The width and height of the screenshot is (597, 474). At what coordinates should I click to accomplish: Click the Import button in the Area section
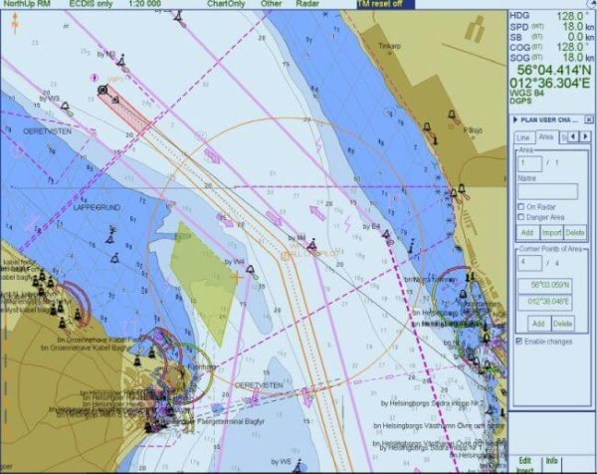(551, 232)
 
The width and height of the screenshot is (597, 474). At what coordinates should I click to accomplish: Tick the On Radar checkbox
(519, 207)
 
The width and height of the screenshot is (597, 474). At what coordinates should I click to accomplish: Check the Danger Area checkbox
(519, 216)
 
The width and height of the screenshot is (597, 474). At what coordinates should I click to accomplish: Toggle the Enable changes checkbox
(519, 342)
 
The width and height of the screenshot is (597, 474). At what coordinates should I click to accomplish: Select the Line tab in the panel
(523, 137)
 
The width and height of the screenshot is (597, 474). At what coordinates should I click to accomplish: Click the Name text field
(547, 191)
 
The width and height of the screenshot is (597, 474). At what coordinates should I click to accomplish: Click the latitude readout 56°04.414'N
(550, 73)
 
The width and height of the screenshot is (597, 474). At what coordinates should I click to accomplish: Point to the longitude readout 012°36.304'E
(550, 85)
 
